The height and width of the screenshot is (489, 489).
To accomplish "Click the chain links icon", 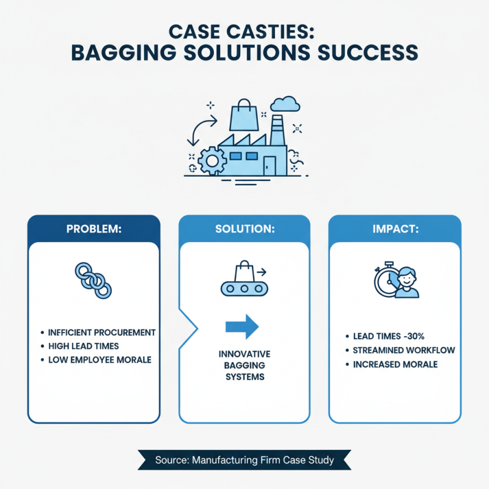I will [94, 280].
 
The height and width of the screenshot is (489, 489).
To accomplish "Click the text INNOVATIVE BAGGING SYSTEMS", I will [244, 366].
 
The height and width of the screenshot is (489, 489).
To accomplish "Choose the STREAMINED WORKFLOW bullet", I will [404, 350].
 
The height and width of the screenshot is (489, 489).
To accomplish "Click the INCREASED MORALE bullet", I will [395, 364].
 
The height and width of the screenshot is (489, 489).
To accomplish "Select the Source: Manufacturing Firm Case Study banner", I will [244, 460].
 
